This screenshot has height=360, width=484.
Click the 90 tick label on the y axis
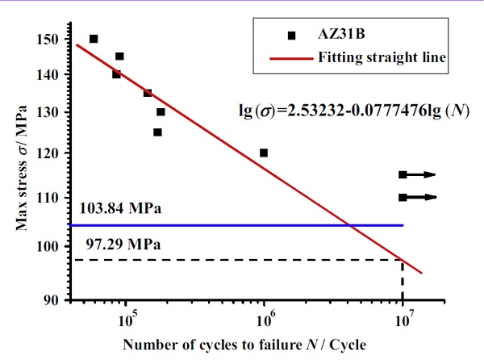(51, 299)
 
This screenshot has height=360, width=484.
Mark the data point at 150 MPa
(94, 39)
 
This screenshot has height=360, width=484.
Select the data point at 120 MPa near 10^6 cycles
(264, 153)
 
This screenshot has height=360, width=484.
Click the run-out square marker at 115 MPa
(403, 174)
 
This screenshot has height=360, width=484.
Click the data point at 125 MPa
(157, 132)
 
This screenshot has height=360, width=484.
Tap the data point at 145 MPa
(119, 57)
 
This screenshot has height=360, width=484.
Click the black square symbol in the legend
(292, 36)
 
